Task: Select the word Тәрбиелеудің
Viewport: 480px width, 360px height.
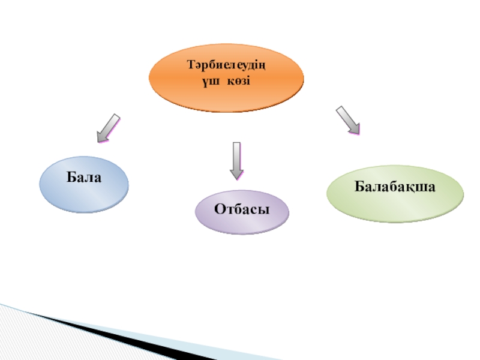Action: (226, 65)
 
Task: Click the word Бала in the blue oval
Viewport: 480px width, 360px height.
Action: (83, 178)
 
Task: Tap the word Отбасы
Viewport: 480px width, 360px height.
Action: (242, 209)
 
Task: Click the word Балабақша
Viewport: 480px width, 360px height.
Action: (395, 187)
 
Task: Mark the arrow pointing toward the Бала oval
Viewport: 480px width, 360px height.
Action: (109, 127)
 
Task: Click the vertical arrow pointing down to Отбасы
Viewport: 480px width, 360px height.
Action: (236, 160)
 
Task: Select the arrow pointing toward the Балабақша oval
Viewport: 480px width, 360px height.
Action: (347, 119)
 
